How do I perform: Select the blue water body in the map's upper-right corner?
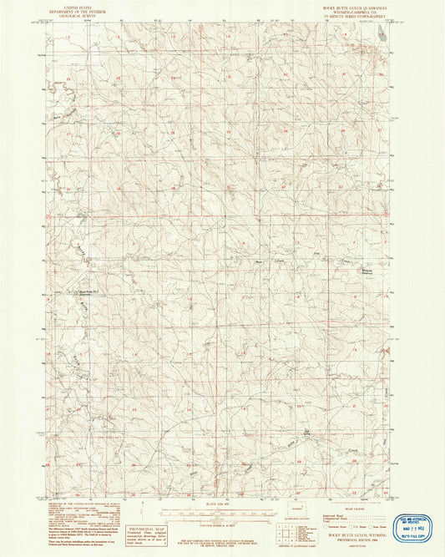[381, 33]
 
